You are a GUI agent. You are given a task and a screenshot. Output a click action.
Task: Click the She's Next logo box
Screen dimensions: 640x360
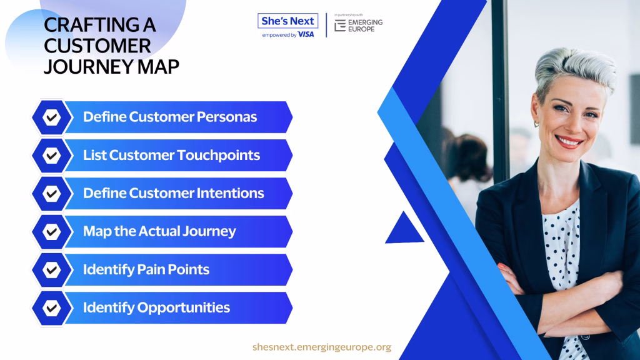point(287,21)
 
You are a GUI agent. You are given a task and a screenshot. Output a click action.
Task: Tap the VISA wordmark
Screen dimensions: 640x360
point(306,35)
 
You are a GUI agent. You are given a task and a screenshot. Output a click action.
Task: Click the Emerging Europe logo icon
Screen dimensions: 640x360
point(340,25)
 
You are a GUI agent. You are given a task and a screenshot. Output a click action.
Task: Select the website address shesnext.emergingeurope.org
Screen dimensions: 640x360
point(322,347)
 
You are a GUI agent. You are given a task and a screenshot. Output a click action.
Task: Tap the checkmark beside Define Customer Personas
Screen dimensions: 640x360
point(51,117)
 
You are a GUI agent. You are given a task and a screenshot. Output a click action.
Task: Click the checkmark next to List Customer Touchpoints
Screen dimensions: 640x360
point(51,156)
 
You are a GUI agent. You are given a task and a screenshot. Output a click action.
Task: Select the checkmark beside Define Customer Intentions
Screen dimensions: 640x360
point(51,194)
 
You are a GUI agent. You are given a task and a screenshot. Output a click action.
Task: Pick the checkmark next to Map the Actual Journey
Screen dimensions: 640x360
point(51,232)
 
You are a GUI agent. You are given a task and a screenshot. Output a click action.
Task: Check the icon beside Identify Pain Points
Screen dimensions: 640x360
point(51,270)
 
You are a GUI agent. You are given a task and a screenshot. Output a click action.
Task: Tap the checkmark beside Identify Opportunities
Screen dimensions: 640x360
point(51,308)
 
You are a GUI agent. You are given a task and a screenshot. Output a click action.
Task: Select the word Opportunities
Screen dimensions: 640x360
point(183,307)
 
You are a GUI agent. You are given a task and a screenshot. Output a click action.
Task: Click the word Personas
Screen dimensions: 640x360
point(226,117)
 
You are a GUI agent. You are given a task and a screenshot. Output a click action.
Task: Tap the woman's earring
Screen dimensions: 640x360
point(537,123)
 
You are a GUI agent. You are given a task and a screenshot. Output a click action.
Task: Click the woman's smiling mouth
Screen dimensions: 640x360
point(569,142)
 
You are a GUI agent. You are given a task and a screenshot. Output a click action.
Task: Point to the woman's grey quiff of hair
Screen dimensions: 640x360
point(576,65)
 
